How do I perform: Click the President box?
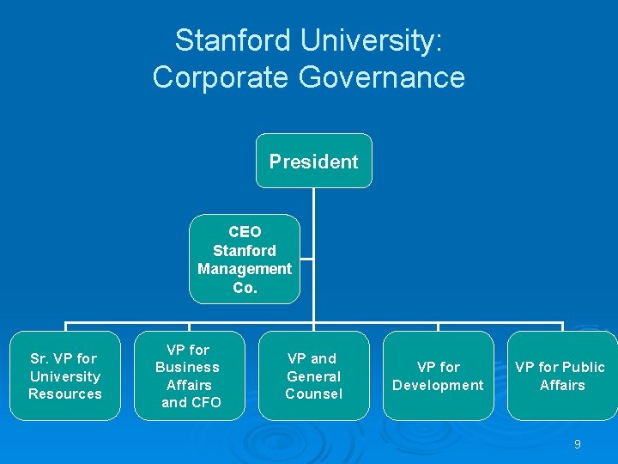tap(313, 161)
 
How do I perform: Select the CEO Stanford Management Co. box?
tap(245, 259)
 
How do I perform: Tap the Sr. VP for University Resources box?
tap(65, 375)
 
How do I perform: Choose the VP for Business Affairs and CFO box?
tap(189, 375)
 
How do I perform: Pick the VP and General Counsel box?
tap(313, 375)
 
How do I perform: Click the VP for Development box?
tap(438, 375)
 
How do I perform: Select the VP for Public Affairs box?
tap(561, 375)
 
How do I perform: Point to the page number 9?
tap(578, 444)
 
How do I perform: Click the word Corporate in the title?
tap(221, 77)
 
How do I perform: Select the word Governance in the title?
tap(382, 77)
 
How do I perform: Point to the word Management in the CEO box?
tap(245, 269)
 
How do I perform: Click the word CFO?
tap(203, 402)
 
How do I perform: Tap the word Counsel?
tap(313, 394)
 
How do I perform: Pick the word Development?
tap(438, 385)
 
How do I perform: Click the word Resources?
tap(65, 394)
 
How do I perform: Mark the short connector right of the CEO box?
tap(306, 258)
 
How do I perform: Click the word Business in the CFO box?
tap(187, 367)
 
